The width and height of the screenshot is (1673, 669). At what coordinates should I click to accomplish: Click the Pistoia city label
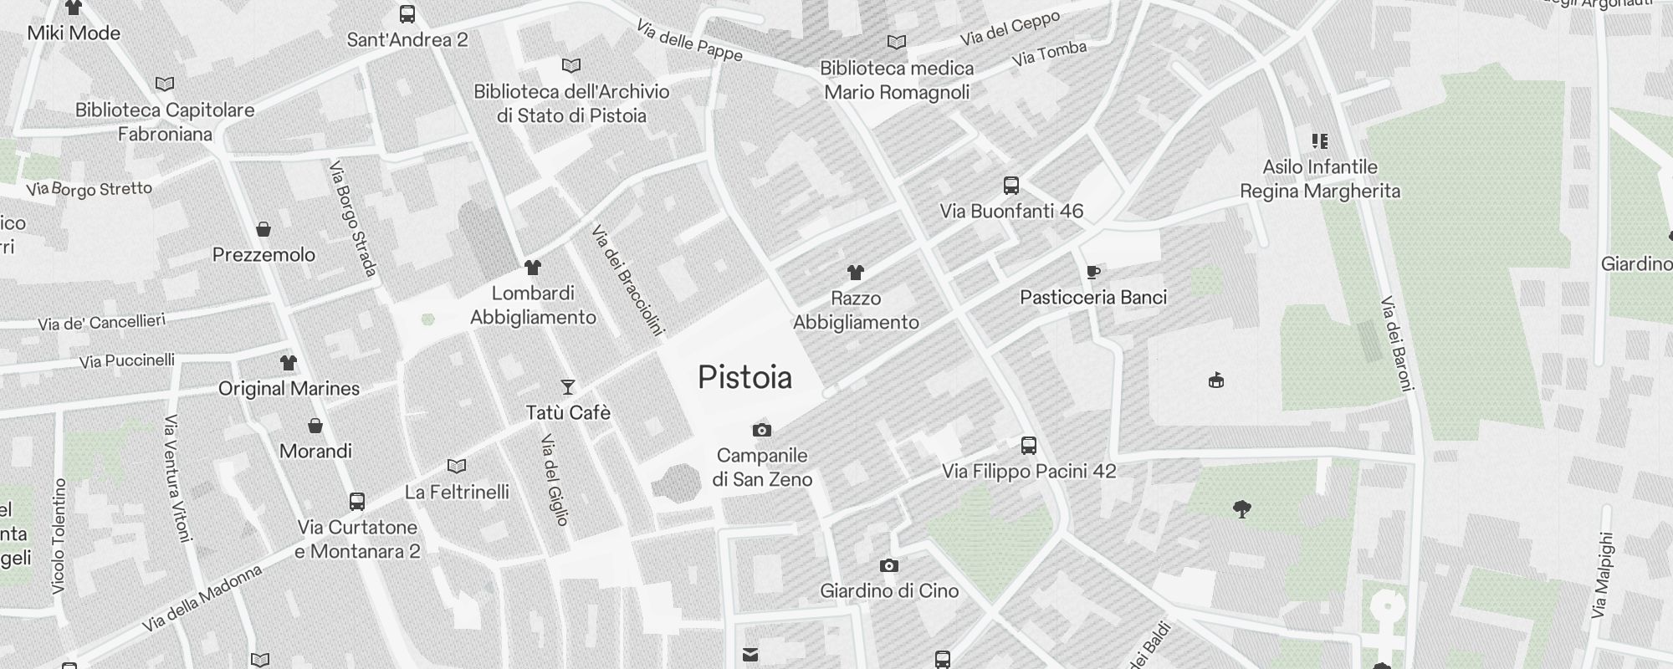(744, 378)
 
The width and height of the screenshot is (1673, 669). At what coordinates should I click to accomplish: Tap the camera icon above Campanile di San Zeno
(761, 431)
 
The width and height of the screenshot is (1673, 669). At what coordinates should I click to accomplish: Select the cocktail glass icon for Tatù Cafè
(568, 386)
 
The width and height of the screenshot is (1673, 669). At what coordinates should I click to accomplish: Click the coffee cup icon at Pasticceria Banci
(1092, 272)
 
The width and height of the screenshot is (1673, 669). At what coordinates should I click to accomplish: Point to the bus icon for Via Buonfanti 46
(1011, 186)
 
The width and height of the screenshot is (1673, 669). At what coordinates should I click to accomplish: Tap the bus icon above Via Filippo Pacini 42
(1029, 446)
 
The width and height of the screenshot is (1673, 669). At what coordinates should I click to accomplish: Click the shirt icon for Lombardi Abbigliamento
(533, 268)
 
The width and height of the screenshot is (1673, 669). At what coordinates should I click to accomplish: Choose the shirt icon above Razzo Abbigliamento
(855, 273)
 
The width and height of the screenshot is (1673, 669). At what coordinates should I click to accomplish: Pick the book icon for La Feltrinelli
(457, 467)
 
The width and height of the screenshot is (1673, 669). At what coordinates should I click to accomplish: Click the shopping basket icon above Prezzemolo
(263, 229)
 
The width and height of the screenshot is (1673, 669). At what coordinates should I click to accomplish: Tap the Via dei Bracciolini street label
(627, 280)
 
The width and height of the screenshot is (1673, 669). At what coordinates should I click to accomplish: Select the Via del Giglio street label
(555, 480)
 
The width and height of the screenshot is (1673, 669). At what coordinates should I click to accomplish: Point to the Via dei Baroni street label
(1397, 343)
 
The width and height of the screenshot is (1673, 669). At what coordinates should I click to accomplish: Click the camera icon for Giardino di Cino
(889, 566)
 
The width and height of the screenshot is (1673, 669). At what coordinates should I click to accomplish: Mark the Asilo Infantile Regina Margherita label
(1319, 179)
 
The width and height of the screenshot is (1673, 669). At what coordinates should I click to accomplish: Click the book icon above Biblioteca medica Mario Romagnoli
(897, 42)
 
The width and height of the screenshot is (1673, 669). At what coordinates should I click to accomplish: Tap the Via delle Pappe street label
(689, 41)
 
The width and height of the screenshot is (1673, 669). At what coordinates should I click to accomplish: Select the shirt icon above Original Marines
(289, 363)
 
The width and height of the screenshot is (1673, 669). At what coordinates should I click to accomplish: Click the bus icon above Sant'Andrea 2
(407, 14)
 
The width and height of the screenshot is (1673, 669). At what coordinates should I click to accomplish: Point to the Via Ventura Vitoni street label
(178, 477)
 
